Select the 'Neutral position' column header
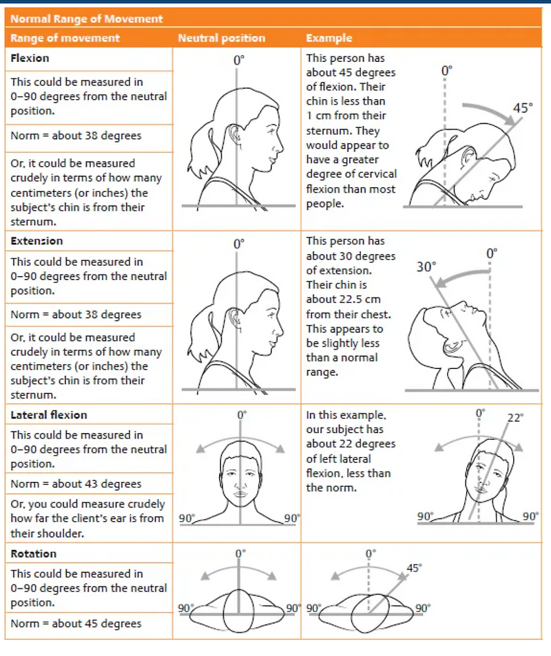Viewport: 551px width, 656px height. [x=221, y=39]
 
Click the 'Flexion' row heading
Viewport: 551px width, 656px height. [x=30, y=59]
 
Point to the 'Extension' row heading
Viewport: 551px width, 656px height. [x=37, y=241]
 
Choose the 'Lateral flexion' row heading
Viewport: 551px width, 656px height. [x=49, y=415]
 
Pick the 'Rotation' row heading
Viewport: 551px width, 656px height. [x=34, y=553]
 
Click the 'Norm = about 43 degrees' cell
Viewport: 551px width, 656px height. [x=76, y=484]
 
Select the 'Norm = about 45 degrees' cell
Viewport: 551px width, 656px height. [x=76, y=624]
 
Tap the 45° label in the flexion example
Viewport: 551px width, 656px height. [x=523, y=108]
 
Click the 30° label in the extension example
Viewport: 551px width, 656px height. [x=426, y=266]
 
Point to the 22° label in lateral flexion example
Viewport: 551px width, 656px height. [x=515, y=417]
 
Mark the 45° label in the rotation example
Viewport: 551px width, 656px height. [x=414, y=568]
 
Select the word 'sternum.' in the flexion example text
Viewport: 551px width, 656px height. [x=329, y=131]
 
